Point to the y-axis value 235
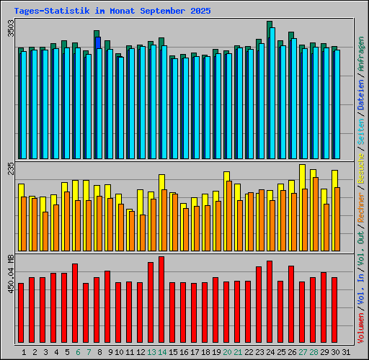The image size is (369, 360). pyautogui.click(x=9, y=170)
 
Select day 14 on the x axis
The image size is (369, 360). pyautogui.click(x=162, y=351)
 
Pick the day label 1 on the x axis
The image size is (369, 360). pyautogui.click(x=24, y=351)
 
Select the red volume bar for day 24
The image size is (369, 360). pyautogui.click(x=270, y=302)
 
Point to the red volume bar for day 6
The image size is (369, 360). pyautogui.click(x=75, y=304)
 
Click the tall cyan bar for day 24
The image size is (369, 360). pyautogui.click(x=272, y=94)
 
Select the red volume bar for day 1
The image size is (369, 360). pyautogui.click(x=21, y=313)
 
